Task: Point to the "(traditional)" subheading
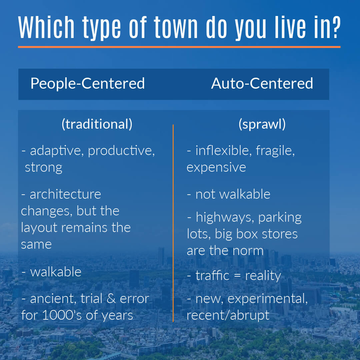(97, 124)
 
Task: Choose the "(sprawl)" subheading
(262, 124)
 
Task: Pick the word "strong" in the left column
(44, 168)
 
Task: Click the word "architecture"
(65, 194)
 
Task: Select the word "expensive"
(216, 168)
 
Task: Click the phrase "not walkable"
(233, 194)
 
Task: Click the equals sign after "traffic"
(237, 276)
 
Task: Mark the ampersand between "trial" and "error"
(111, 298)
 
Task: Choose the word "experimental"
(267, 299)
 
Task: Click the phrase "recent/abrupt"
(228, 315)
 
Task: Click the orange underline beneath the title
(179, 47)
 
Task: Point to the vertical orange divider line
(173, 223)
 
